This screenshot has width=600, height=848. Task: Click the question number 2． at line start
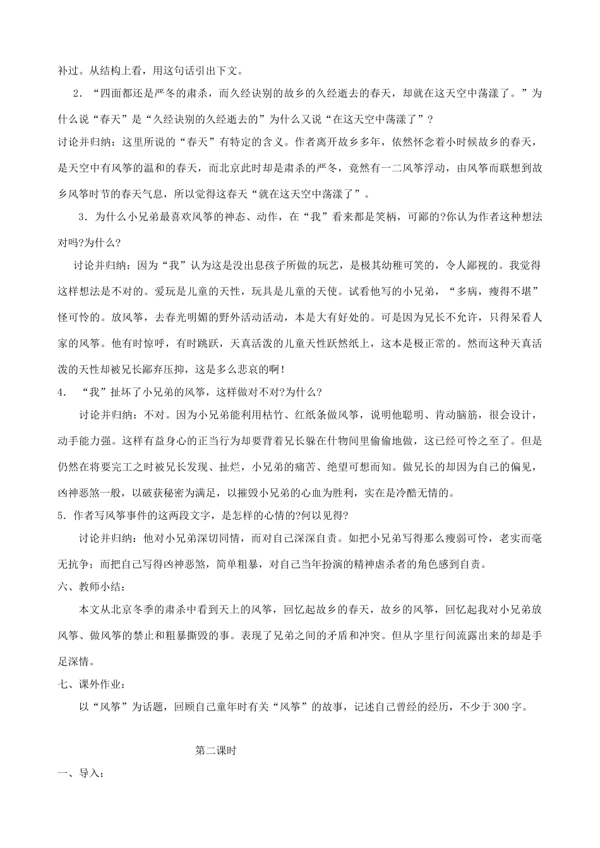point(79,94)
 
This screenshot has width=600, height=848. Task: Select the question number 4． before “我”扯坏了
point(62,392)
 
